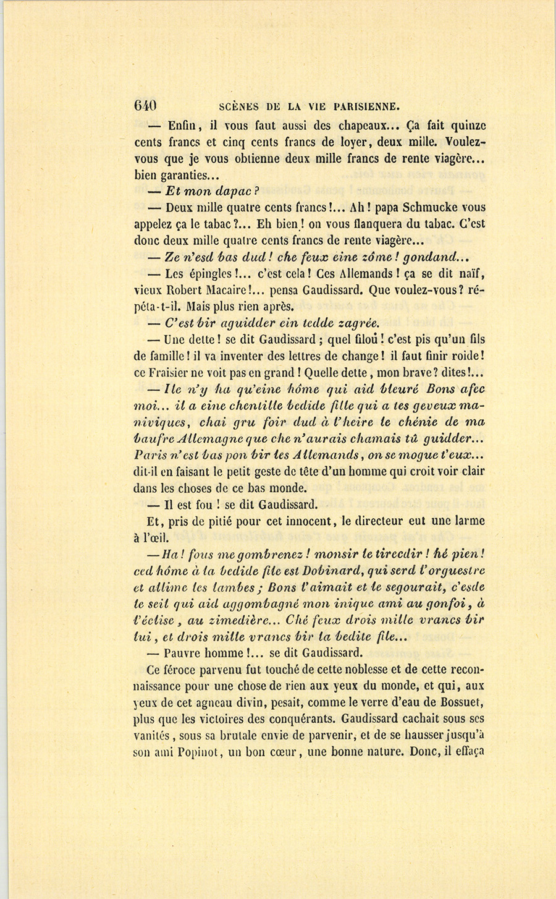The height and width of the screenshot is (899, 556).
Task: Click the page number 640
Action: point(145,105)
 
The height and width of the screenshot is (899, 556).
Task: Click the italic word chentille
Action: point(244,406)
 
